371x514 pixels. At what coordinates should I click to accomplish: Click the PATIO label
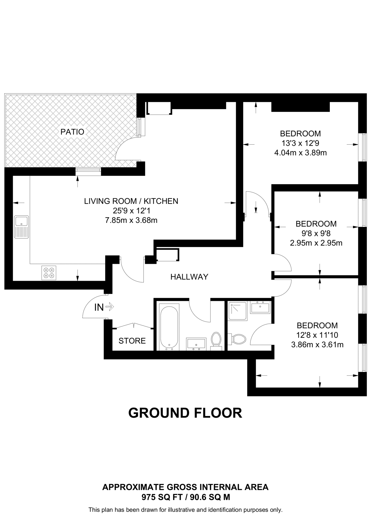pos(72,132)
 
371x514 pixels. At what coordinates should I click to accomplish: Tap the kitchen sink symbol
pos(22,227)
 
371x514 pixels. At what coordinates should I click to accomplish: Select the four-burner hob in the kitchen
pos(49,273)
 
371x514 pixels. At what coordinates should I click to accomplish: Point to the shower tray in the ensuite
pos(237,311)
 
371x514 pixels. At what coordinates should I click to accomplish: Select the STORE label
pos(132,341)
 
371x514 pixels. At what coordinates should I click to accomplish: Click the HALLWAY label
pos(189,277)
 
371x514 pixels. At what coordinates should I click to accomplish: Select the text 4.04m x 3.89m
pos(300,153)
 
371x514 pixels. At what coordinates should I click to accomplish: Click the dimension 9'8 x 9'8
pos(316,233)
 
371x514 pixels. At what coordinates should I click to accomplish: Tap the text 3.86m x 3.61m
pos(317,345)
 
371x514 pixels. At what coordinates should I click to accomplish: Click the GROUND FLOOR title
pos(185,413)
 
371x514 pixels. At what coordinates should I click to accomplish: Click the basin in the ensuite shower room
pos(260,307)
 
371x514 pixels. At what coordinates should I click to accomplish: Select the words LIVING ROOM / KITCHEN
pos(131,201)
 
